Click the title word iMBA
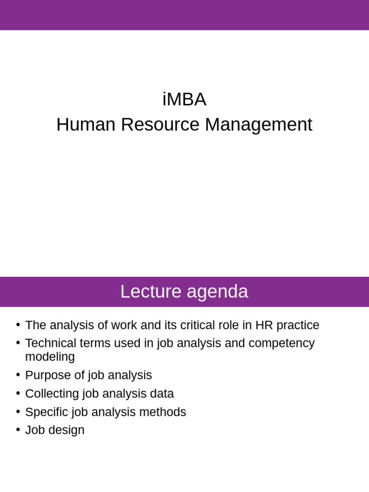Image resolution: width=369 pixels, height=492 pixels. [184, 99]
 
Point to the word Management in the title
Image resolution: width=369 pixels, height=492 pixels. [258, 124]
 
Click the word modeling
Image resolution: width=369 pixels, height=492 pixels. [50, 357]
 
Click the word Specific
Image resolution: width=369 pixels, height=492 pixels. [47, 412]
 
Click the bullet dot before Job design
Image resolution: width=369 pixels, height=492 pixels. [18, 429]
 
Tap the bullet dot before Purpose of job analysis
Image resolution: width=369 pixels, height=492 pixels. [18, 374]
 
